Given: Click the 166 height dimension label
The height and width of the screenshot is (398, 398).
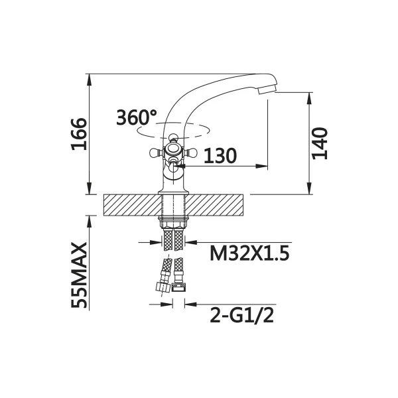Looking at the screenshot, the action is tap(80, 134).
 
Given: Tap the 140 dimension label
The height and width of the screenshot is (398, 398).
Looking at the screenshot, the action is tap(320, 143).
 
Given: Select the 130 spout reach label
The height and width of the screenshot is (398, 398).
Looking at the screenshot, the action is tap(220, 156).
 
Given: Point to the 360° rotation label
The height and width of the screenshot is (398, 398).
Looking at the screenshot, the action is tap(137, 117).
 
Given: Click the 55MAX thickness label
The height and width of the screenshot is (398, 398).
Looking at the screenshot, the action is tap(80, 275).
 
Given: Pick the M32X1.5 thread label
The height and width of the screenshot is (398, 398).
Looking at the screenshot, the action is tap(249, 254).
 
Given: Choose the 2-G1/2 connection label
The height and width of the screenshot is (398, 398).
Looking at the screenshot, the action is tap(242, 316).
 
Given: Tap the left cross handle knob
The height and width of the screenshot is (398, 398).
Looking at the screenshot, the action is tap(155, 153).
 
